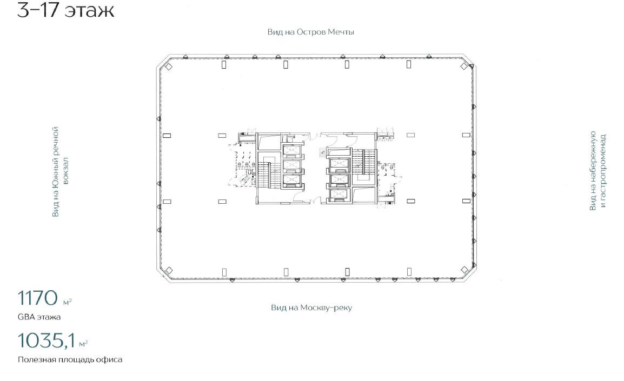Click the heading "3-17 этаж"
coord(65,10)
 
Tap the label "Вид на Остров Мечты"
coord(310,32)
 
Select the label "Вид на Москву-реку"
coord(311,308)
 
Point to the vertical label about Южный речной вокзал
coord(61,172)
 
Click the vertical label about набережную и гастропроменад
coord(598,171)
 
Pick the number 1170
coord(37,298)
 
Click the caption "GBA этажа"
coord(39,317)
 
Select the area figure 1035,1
coord(46,341)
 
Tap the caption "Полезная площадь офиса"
coord(70,359)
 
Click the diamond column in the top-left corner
coord(169,67)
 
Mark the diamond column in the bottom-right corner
coord(464,270)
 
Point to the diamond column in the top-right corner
coord(464,67)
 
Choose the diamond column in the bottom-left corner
coord(169,270)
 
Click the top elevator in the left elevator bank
coord(291,150)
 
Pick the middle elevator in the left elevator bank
coord(291,165)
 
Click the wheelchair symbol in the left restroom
coord(250,172)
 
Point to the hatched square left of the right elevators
coord(322,153)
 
